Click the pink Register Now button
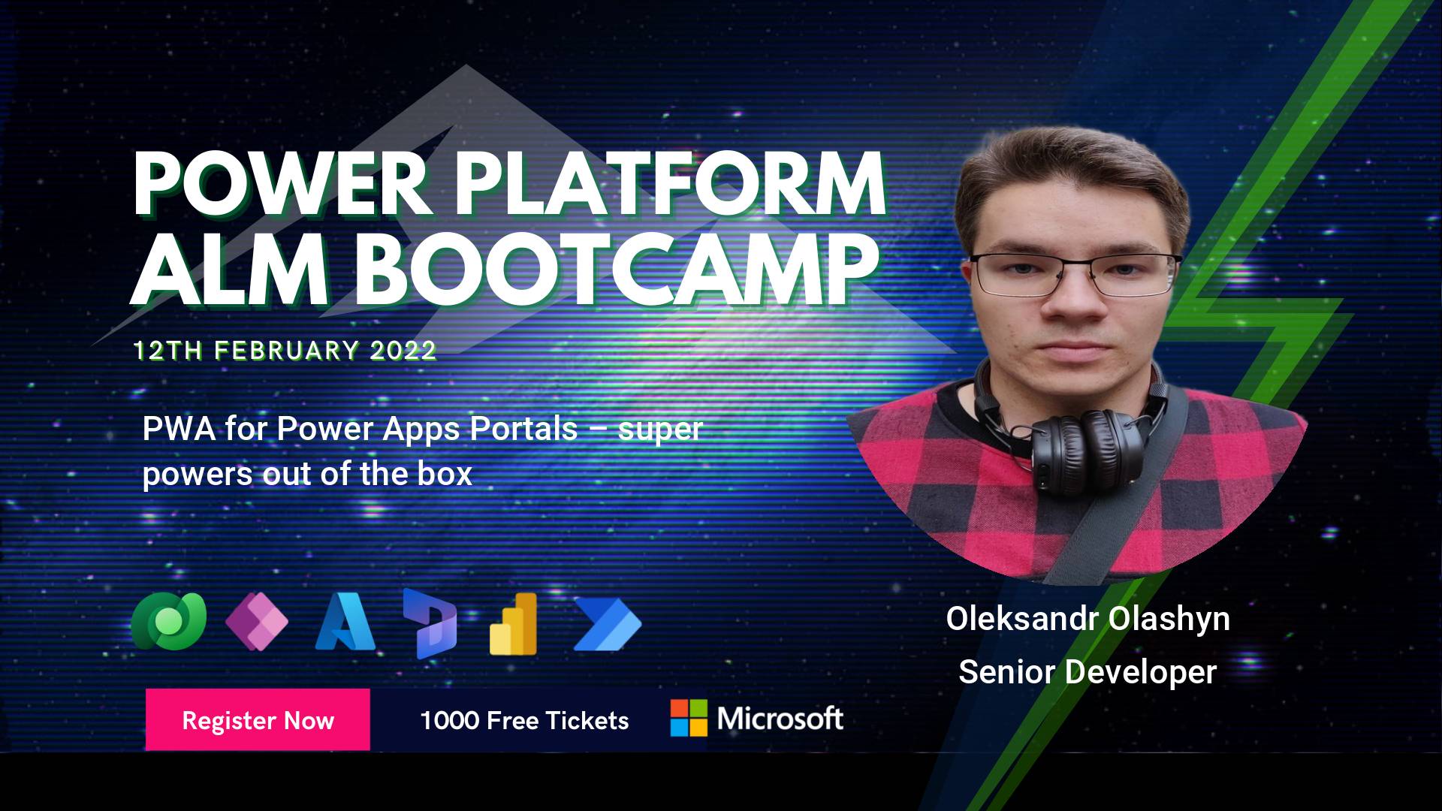[x=258, y=719]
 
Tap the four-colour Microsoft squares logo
[x=689, y=718]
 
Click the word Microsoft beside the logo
[x=780, y=719]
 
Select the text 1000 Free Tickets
[x=524, y=721]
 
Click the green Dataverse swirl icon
[x=169, y=621]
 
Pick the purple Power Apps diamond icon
[x=257, y=622]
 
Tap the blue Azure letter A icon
[x=345, y=623]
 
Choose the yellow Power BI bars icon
[x=514, y=624]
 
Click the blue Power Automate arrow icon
[x=607, y=623]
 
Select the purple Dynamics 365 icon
[x=430, y=624]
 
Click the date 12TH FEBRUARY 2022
[x=285, y=351]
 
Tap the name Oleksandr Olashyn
[x=1088, y=620]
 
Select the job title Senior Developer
[x=1088, y=671]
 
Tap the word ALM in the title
[x=230, y=269]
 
